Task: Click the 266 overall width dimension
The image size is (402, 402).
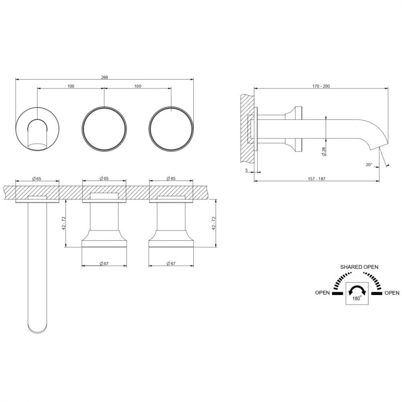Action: pos(105,77)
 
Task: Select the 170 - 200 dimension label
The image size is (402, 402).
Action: pos(321,86)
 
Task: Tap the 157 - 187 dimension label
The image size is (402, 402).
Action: pos(316,179)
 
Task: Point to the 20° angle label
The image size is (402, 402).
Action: pos(369,165)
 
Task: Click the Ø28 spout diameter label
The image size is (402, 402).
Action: pos(324,151)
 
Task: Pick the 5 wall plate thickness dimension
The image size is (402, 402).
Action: pos(247,170)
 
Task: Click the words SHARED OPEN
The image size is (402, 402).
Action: pos(359,267)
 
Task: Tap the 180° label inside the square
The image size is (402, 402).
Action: pos(357,298)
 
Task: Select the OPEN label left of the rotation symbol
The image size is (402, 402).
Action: pos(322,293)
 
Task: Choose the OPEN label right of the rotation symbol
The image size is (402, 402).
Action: pos(392,293)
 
